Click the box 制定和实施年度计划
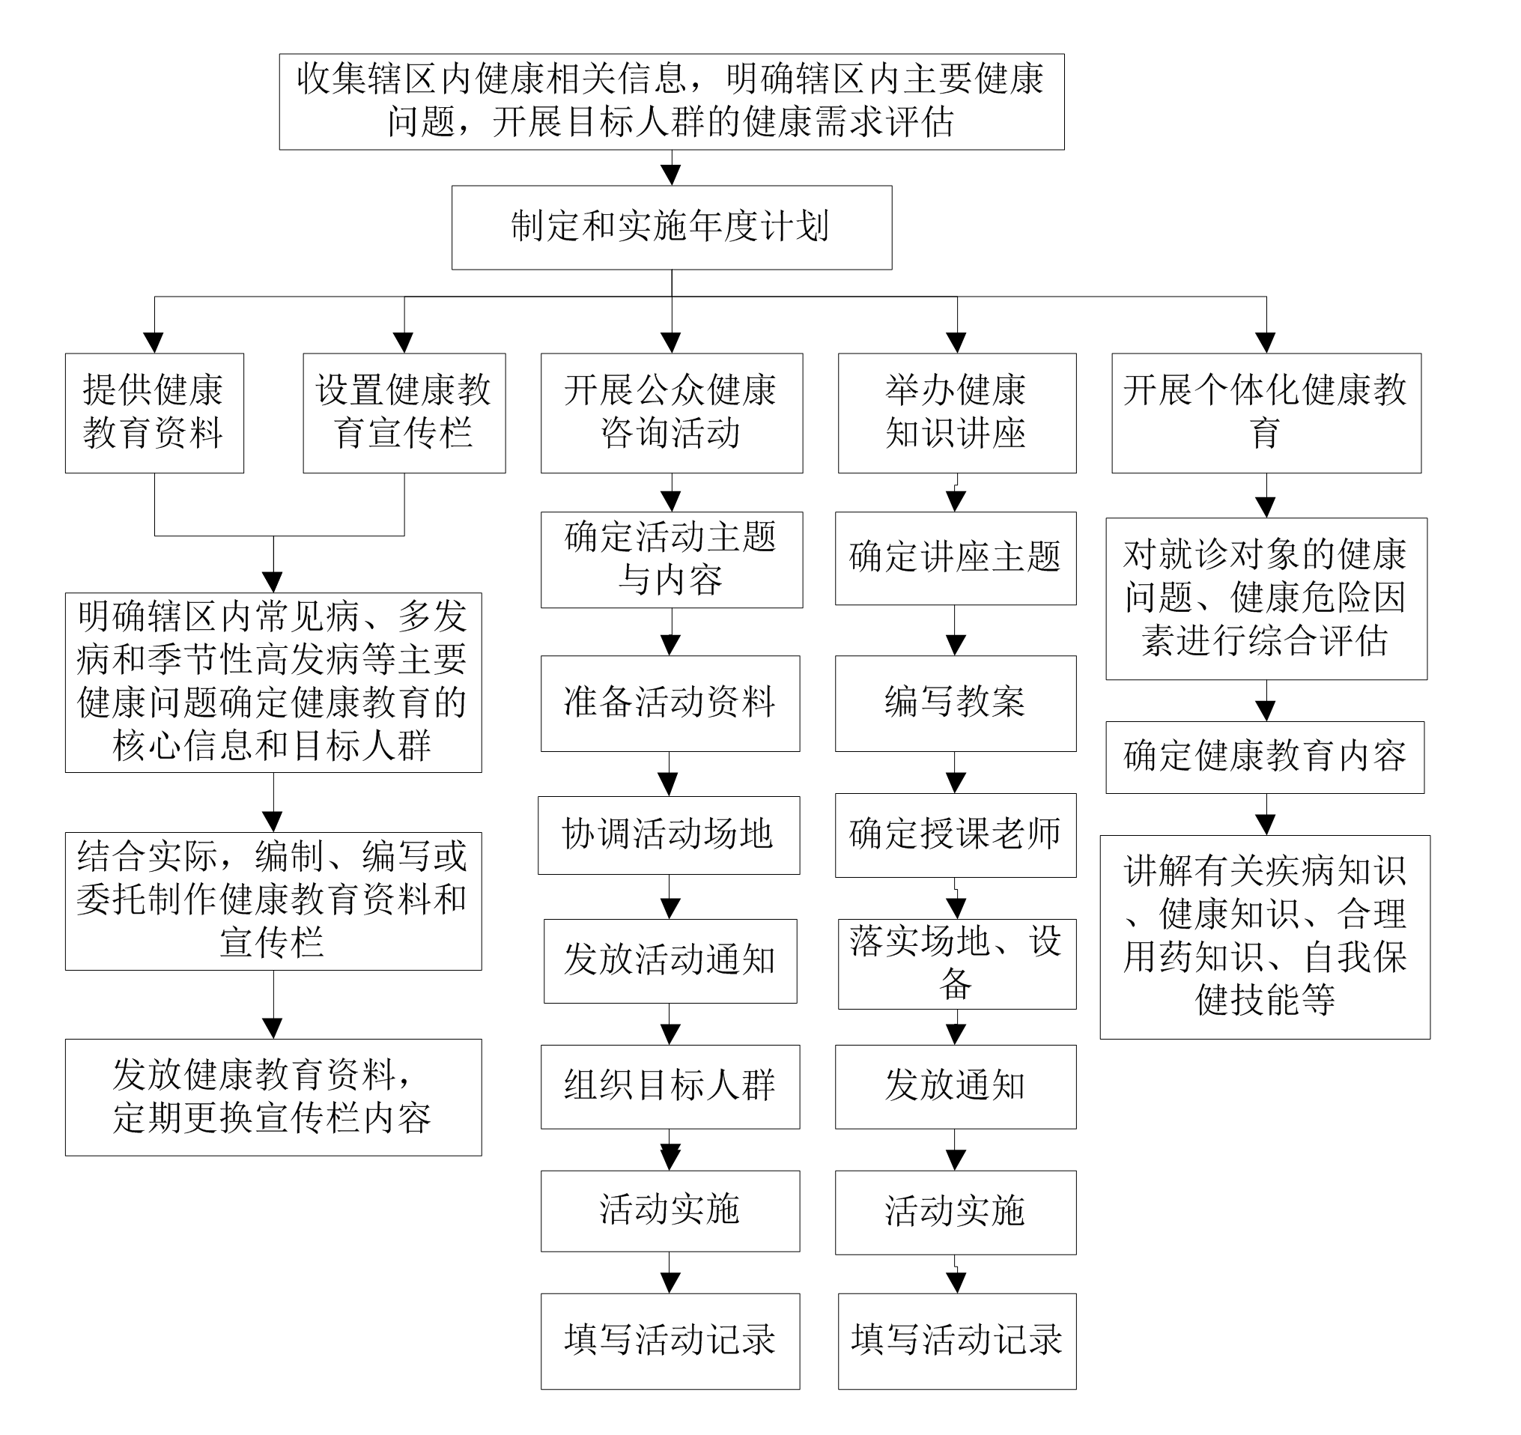coord(672,227)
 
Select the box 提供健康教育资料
coord(154,413)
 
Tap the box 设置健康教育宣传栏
coord(404,413)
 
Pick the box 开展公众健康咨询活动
coord(672,413)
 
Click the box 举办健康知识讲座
coord(957,413)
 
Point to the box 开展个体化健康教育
coord(1266,413)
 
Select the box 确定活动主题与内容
coord(672,560)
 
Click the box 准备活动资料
coord(670,703)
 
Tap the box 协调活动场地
coord(669,835)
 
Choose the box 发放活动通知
coord(670,961)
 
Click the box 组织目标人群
coord(670,1087)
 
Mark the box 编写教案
coord(956,703)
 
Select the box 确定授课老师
coord(956,835)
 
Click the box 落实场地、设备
coord(957,965)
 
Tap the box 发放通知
coord(956,1087)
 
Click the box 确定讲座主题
coord(956,559)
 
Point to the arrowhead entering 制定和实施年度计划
coord(671,175)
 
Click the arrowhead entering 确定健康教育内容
coord(1266,711)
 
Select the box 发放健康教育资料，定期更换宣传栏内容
coord(273,1097)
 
